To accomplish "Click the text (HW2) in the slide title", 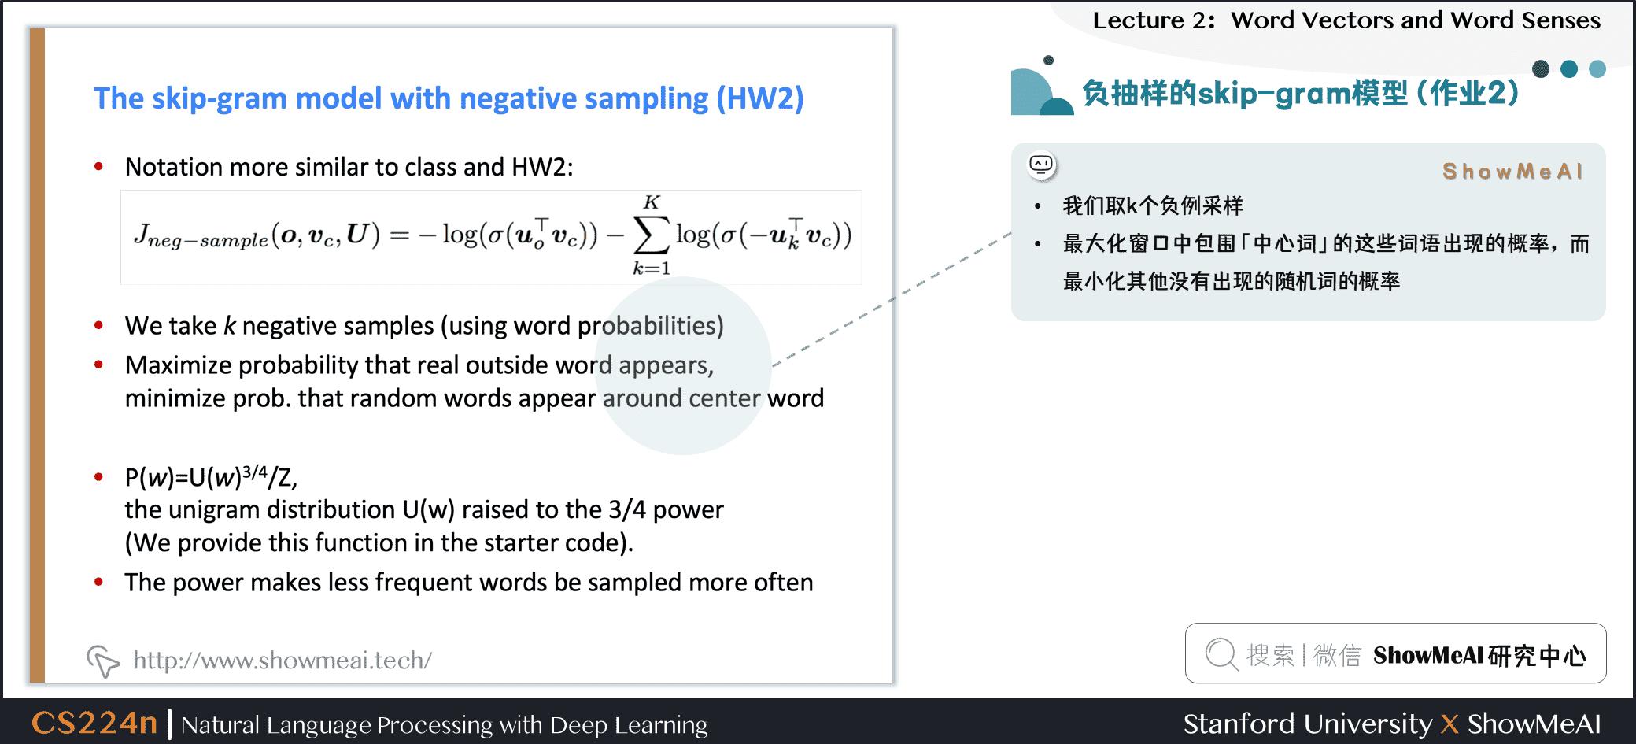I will point(759,98).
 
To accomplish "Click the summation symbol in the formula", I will point(652,235).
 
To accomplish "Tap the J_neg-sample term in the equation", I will point(201,236).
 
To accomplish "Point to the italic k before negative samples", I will point(230,326).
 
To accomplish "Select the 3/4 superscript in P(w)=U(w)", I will point(255,472).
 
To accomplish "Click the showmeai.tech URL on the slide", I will point(282,660).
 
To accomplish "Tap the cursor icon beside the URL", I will point(103,661).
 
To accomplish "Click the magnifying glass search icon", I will point(1221,654).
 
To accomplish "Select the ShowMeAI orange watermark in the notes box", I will point(1512,172).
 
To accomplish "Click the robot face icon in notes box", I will point(1041,165).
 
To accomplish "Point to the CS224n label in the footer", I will point(94,723).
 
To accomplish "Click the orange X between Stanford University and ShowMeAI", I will point(1450,724).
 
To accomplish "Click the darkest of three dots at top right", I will point(1541,69).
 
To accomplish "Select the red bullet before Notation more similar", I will point(99,167).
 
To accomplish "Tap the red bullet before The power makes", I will point(99,583).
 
